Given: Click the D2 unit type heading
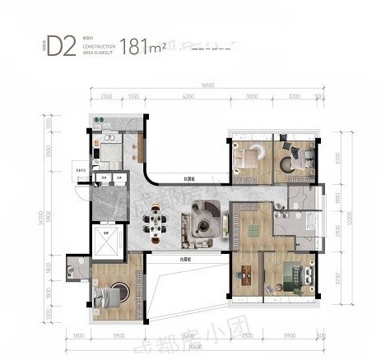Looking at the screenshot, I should tap(61, 45).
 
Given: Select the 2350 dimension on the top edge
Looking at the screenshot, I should tap(107, 96).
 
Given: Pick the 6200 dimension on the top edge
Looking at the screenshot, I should tap(188, 96).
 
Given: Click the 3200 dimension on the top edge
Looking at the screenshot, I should tap(295, 96).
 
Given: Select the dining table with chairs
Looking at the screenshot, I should tap(157, 222).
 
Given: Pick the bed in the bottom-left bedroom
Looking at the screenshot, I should tap(109, 294).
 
